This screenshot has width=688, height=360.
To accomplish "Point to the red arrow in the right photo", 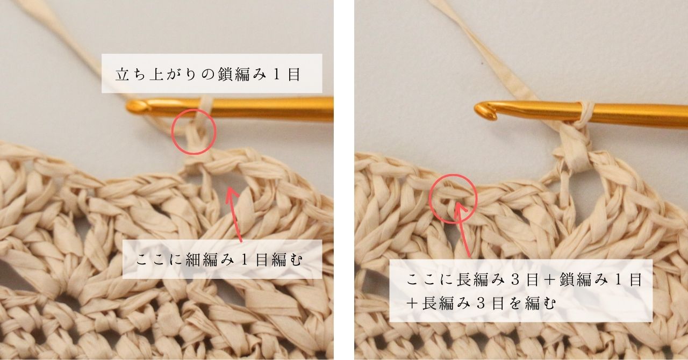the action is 462,229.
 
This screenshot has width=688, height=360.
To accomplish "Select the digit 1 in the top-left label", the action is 277,75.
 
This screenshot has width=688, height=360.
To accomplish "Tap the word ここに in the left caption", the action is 160,260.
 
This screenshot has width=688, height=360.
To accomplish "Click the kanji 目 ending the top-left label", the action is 294,75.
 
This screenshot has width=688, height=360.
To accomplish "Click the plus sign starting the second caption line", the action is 412,304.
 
